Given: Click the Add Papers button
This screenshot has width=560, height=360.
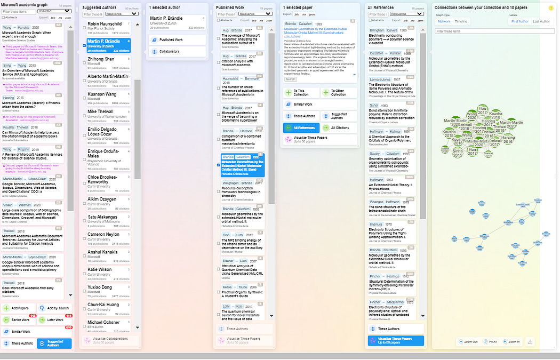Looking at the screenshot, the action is pyautogui.click(x=19, y=308).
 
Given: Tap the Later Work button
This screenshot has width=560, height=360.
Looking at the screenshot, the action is pyautogui.click(x=55, y=320).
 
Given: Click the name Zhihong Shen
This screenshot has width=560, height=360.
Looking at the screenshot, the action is pyautogui.click(x=101, y=59).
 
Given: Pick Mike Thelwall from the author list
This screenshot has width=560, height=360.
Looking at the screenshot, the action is pyautogui.click(x=100, y=111).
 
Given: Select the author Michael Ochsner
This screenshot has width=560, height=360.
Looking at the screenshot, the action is pyautogui.click(x=103, y=322).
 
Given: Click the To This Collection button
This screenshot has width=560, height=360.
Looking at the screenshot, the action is pyautogui.click(x=301, y=92).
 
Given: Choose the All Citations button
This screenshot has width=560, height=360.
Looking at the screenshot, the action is pyautogui.click(x=339, y=127).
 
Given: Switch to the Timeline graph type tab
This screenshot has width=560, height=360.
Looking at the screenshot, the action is pyautogui.click(x=461, y=21).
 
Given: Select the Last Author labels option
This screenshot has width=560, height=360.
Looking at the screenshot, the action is pyautogui.click(x=542, y=21).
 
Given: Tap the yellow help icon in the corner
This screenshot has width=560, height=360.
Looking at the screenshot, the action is pyautogui.click(x=550, y=7).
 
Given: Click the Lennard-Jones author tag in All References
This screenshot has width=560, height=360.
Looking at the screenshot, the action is pyautogui.click(x=380, y=79).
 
